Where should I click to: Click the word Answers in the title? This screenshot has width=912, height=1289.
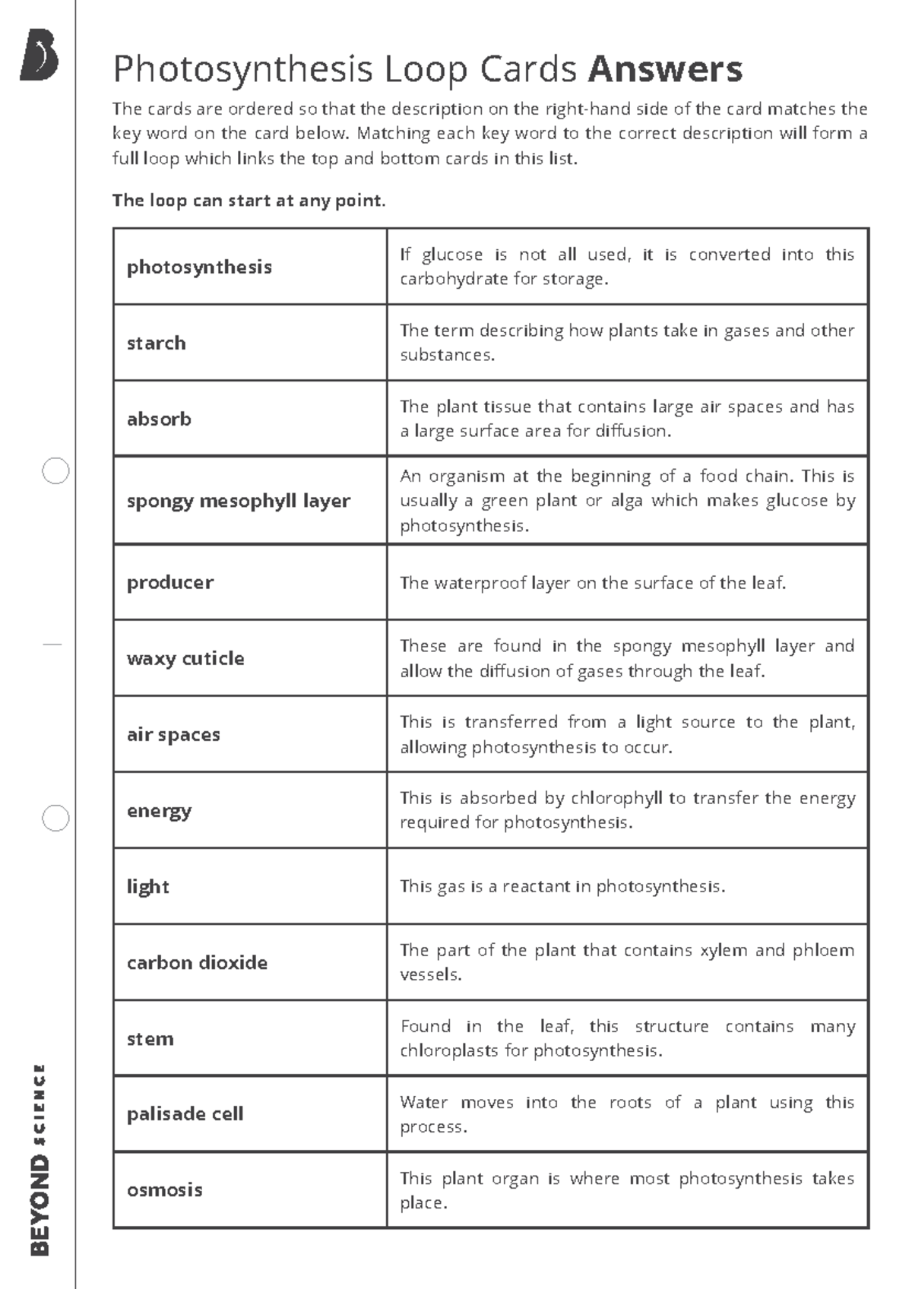coord(665,69)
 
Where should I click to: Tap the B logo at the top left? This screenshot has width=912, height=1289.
coord(40,55)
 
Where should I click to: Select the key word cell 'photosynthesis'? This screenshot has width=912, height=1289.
coord(199,268)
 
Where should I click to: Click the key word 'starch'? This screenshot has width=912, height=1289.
coord(156,344)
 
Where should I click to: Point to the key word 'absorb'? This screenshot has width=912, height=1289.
coord(159,420)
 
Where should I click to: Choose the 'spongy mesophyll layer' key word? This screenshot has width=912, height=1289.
coord(238,501)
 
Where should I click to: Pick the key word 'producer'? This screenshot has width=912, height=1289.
coord(170,583)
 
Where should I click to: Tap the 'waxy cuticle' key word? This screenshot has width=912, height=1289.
coord(185,659)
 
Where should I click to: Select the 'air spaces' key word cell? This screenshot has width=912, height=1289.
coord(173,735)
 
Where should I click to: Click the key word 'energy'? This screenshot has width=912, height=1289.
coord(159,811)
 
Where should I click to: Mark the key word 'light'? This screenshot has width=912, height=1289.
coord(148,887)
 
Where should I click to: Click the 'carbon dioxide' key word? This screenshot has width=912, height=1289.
coord(197,963)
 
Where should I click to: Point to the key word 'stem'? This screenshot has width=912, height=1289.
coord(150,1039)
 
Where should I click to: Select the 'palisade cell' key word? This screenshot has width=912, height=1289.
coord(185,1114)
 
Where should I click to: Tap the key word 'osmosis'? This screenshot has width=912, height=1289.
coord(164,1190)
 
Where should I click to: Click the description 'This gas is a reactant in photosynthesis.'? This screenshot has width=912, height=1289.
coord(562,887)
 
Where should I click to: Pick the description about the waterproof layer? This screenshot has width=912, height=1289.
coord(593,583)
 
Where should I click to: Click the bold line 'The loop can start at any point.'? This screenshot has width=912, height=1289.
coord(249,201)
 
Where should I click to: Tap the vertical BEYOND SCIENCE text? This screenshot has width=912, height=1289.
coord(40,1159)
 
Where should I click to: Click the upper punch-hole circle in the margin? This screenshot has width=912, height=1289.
coord(55,471)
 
